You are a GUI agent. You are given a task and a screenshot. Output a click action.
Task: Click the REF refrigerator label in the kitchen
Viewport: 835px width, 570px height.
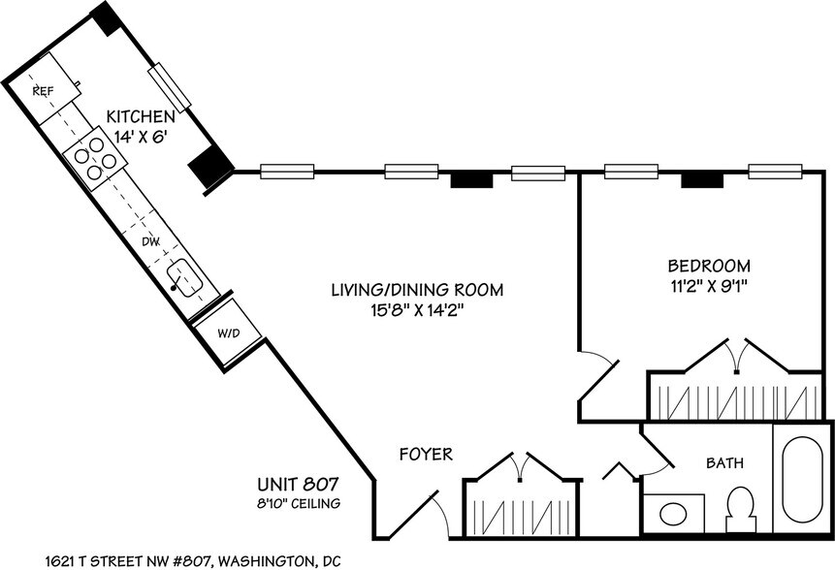coord(42,90)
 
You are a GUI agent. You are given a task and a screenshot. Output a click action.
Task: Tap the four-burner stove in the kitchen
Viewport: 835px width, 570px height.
coord(87,160)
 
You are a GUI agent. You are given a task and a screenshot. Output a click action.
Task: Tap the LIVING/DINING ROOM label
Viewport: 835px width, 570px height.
coord(418,290)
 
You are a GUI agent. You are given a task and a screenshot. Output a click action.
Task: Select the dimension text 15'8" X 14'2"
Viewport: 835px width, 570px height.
coord(418,310)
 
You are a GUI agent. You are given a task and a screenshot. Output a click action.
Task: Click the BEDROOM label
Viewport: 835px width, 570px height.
coord(709,266)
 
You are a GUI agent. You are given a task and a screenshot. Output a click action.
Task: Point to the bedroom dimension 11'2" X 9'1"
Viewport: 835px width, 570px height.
coord(709,286)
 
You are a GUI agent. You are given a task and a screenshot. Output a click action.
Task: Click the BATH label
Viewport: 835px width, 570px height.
coord(724,463)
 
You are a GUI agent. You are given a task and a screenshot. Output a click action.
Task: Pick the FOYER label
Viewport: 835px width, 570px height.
coord(426,454)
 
